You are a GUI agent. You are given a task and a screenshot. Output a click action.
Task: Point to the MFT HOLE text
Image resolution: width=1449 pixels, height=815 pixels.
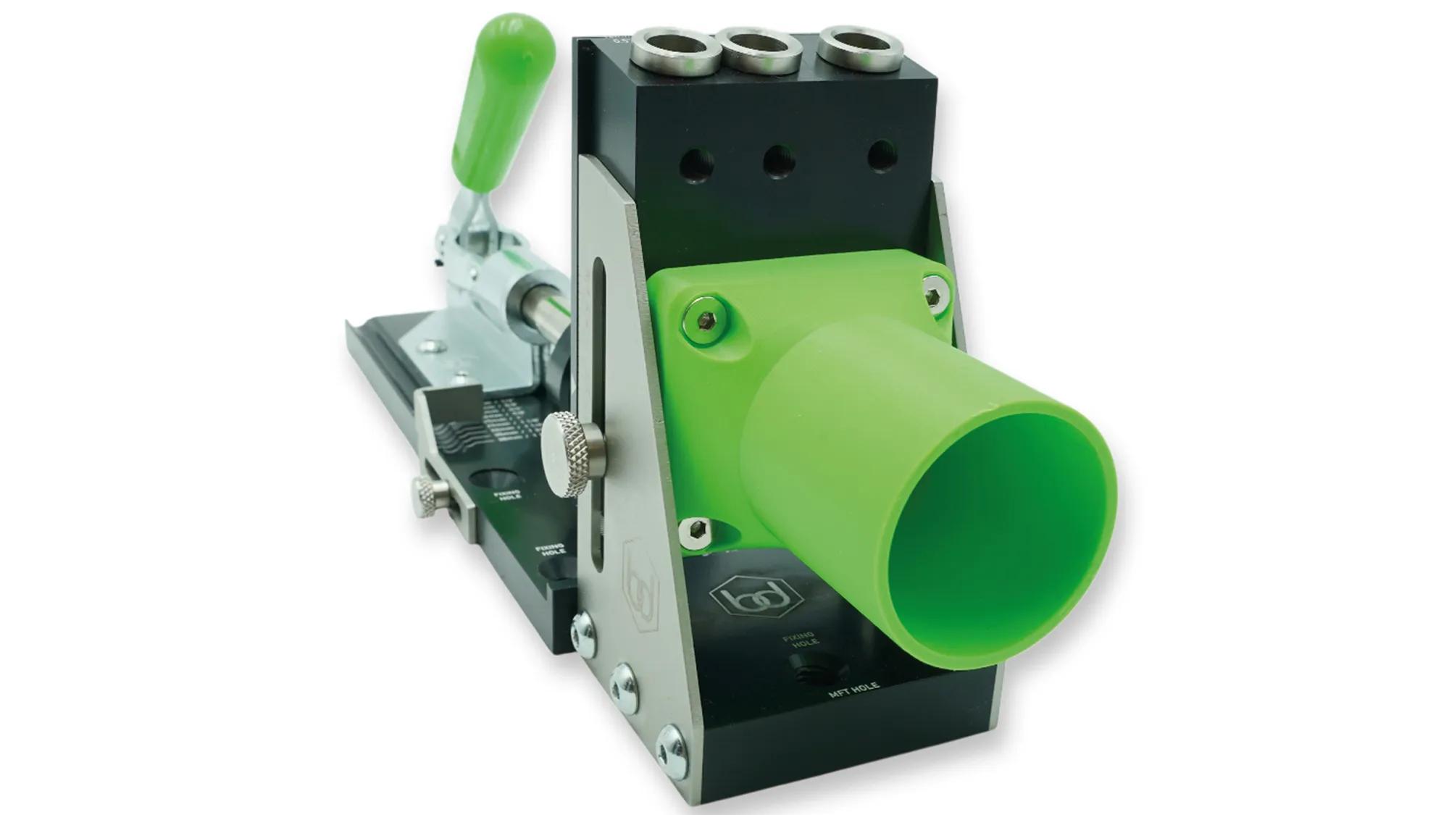point(854,690)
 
